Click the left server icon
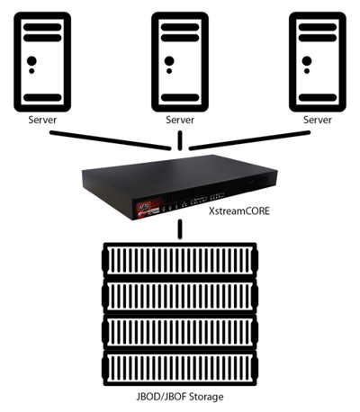click(x=42, y=62)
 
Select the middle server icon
click(x=180, y=62)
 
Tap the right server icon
click(x=318, y=62)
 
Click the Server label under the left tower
click(x=42, y=120)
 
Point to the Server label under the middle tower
click(x=180, y=120)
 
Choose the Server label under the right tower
click(x=318, y=120)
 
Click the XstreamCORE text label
click(x=239, y=210)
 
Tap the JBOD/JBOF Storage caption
click(x=180, y=397)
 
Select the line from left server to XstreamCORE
click(x=110, y=140)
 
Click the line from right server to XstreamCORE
click(x=249, y=140)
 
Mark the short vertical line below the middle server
click(x=180, y=140)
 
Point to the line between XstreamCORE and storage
click(x=180, y=229)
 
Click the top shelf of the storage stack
click(x=180, y=260)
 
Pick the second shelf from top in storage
click(x=180, y=296)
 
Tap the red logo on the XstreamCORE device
click(x=146, y=208)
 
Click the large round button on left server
click(x=31, y=61)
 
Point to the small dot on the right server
click(x=307, y=71)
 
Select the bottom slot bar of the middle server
click(x=180, y=97)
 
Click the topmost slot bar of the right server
click(x=318, y=27)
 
